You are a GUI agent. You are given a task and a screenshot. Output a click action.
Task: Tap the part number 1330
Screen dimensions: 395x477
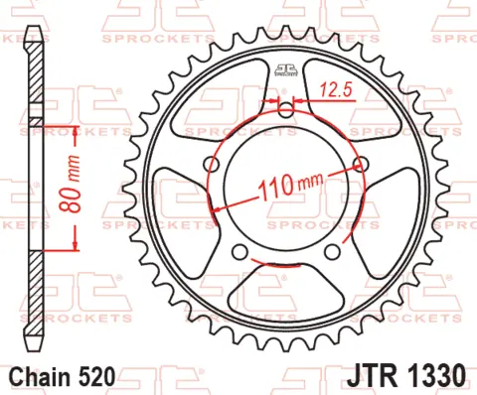tap(435, 376)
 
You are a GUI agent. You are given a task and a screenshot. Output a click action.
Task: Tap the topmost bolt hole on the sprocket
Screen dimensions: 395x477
tap(285, 109)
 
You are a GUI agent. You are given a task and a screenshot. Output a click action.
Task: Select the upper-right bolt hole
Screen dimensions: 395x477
tap(361, 165)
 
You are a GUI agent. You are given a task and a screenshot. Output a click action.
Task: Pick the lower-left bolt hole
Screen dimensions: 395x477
tap(238, 252)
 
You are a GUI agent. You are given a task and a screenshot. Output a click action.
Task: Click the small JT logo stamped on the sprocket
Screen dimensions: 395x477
tap(285, 70)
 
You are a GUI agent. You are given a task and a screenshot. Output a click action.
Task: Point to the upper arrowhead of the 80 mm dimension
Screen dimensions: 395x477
tap(75, 130)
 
